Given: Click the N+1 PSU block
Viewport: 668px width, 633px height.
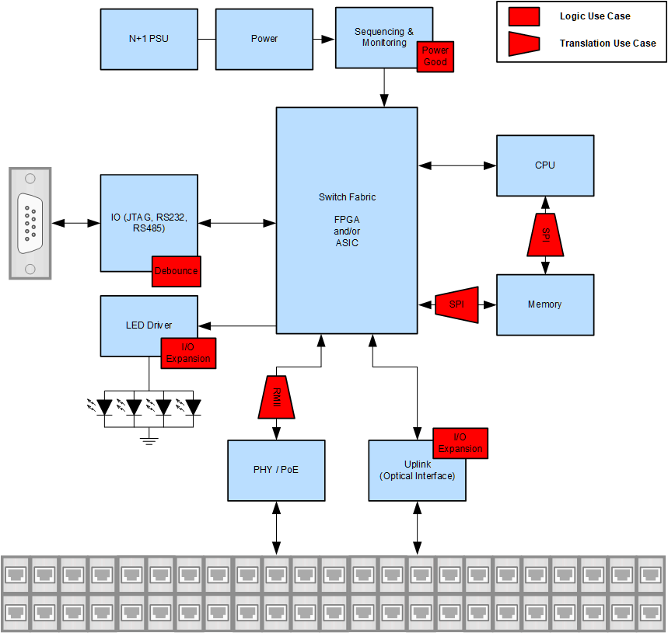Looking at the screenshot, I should tap(149, 39).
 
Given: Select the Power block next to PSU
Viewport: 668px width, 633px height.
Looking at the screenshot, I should tap(264, 39).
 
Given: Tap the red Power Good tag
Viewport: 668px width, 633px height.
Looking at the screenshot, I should tap(435, 57).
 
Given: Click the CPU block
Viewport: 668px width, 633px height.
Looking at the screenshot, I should tap(544, 165).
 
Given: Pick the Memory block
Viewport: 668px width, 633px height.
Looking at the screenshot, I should tap(544, 304).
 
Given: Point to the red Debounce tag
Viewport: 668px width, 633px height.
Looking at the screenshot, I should tap(176, 271).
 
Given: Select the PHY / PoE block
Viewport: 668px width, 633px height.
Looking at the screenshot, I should tap(276, 470).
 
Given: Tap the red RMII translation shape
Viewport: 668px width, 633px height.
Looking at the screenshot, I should tap(276, 398).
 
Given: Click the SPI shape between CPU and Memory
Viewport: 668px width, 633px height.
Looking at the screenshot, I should tap(545, 235).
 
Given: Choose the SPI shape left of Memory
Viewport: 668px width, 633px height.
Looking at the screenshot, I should tap(456, 305).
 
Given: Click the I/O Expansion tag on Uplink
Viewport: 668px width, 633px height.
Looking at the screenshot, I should tap(460, 443).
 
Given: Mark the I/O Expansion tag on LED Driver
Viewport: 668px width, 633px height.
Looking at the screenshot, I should tap(187, 353).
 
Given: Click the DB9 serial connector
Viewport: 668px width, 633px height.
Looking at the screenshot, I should tap(30, 224).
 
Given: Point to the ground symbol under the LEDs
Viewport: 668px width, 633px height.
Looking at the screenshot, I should tap(149, 441).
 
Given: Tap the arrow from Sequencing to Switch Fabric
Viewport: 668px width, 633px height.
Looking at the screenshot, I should tap(384, 88).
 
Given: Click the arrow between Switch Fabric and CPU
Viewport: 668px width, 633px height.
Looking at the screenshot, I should tap(456, 165).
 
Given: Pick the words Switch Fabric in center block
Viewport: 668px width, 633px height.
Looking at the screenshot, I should tap(347, 197).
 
